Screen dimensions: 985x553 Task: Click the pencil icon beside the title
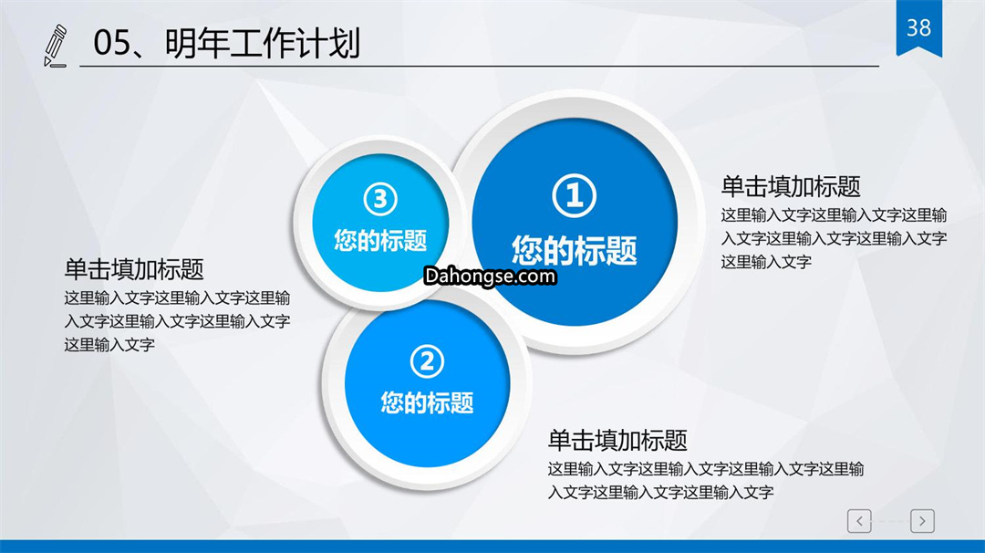pos(56,46)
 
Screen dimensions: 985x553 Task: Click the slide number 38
pos(918,27)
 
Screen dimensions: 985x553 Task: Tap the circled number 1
pos(575,195)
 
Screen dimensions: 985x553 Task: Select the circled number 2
pos(427,361)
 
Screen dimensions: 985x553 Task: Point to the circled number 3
pos(380,199)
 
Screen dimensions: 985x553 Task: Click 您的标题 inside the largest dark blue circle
pos(575,249)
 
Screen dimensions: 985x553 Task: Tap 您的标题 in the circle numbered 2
pos(427,402)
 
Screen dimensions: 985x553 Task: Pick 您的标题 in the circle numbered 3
pos(380,240)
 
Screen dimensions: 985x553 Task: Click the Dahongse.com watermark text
pos(490,276)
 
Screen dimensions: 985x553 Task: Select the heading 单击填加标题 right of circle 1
pos(790,187)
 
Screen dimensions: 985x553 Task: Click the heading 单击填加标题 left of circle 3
pos(134,269)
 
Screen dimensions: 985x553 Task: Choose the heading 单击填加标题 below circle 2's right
pos(617,440)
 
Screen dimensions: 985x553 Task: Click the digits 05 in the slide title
pos(112,44)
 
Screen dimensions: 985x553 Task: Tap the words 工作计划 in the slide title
pos(295,44)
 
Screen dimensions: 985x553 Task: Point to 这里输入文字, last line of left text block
pos(109,344)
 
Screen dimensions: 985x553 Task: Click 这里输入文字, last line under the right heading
pos(766,261)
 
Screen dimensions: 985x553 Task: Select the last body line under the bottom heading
pos(660,492)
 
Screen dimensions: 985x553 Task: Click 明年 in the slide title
pos(197,44)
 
